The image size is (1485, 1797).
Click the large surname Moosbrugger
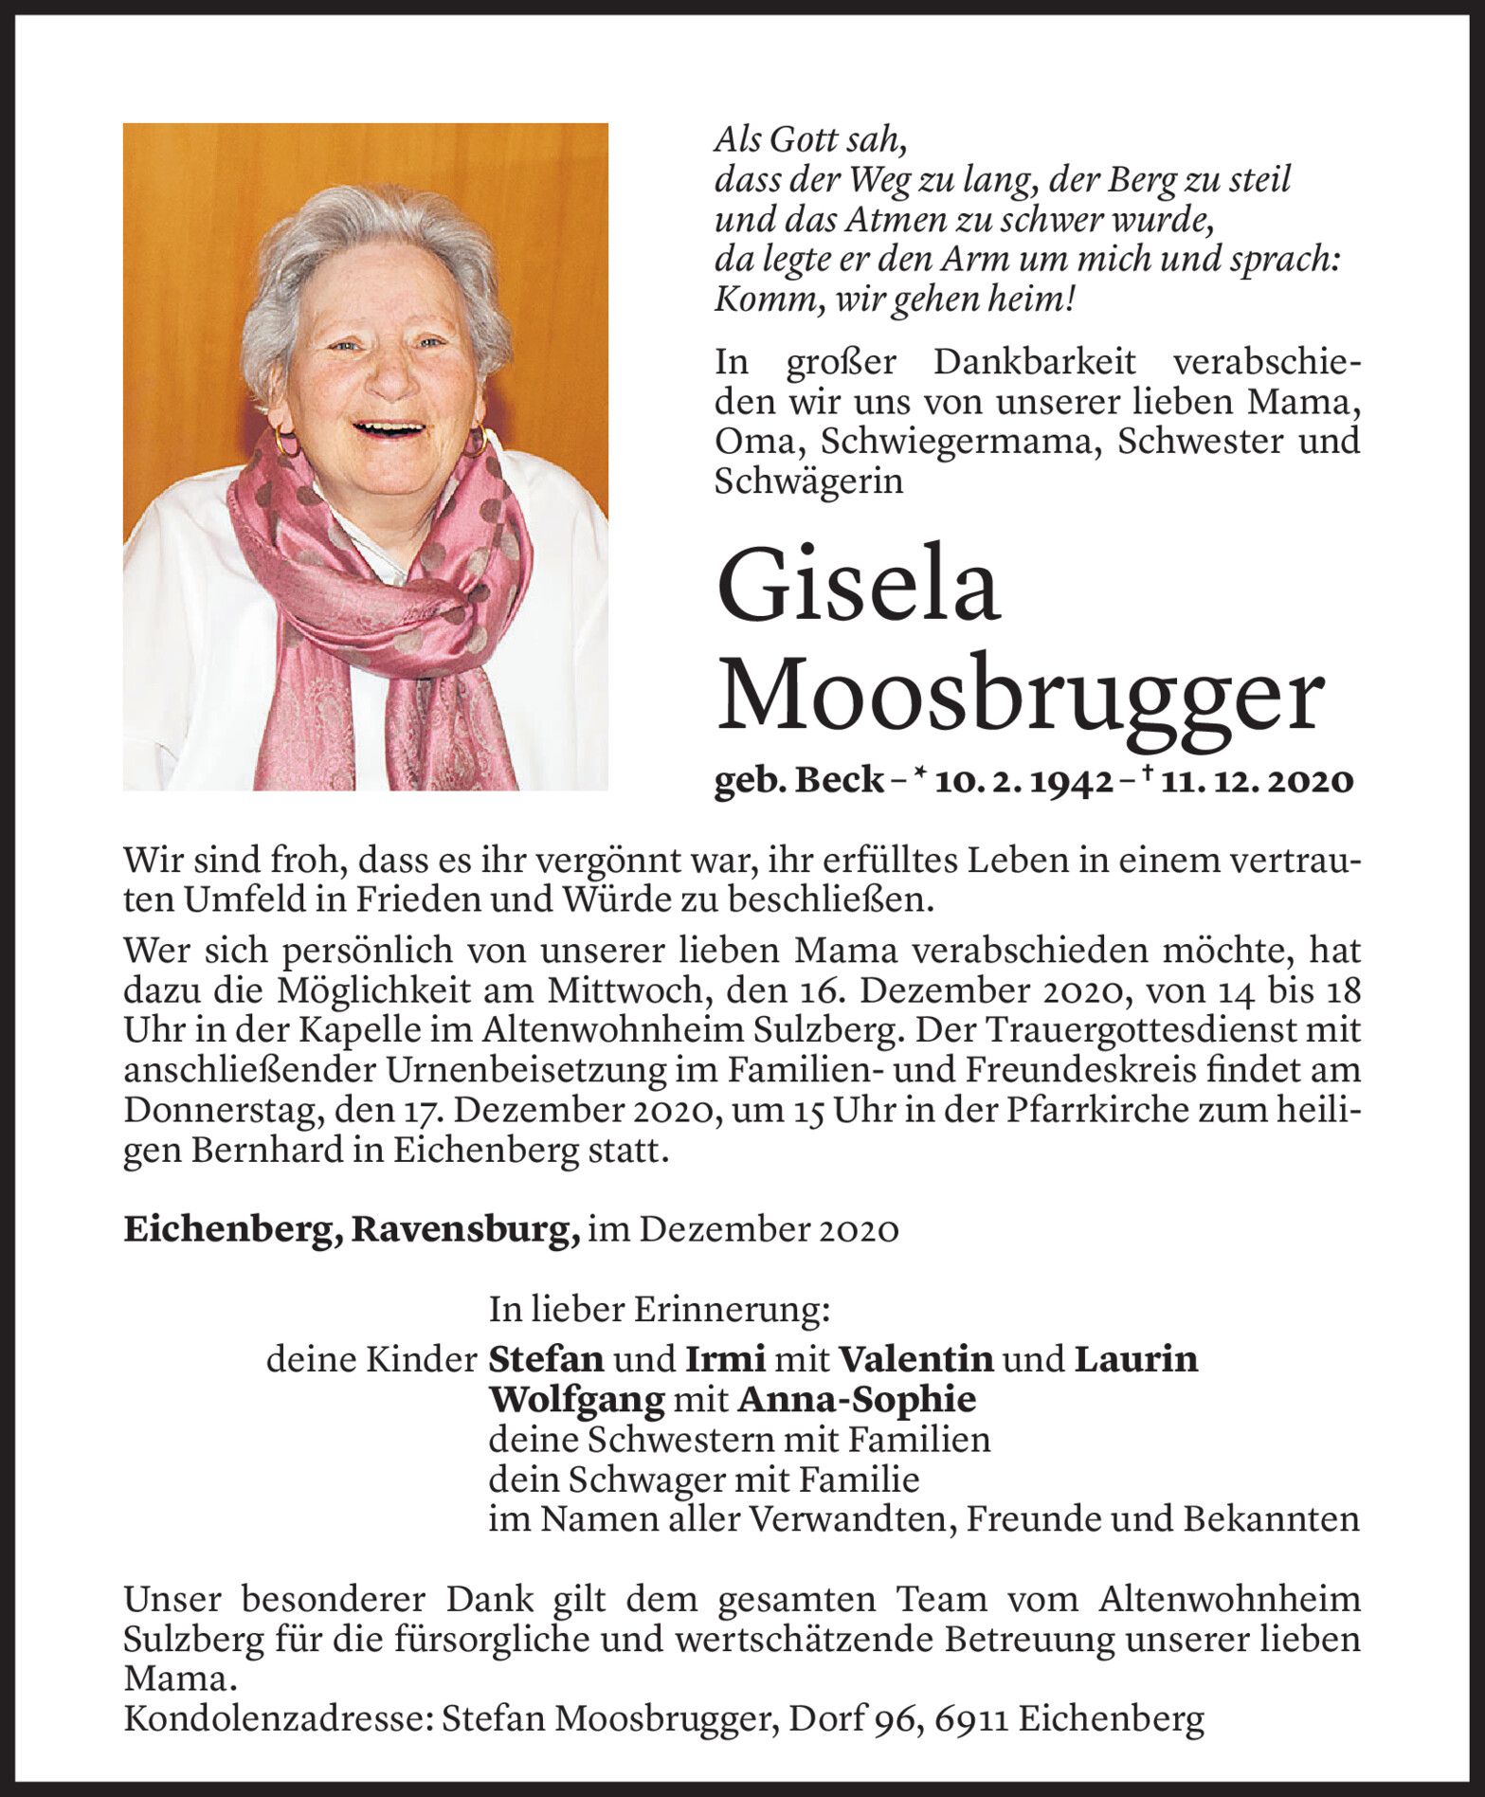(x=1019, y=695)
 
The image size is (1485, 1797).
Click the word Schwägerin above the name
(x=808, y=481)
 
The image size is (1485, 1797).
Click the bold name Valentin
(x=916, y=1359)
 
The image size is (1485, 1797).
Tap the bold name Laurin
(x=1135, y=1359)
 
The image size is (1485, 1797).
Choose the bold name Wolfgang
(x=576, y=1399)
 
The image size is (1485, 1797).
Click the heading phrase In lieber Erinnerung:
(x=660, y=1310)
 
